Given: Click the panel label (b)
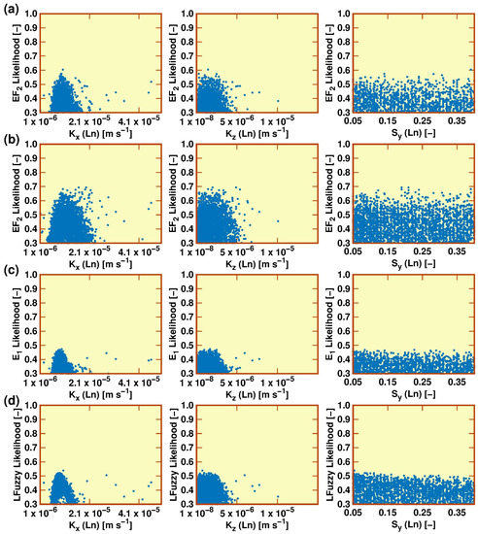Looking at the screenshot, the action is pos(11,140).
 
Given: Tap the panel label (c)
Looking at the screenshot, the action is pos(11,271).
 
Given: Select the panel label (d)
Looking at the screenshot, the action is pos(11,401).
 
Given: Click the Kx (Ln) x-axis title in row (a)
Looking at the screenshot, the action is pos(100,133).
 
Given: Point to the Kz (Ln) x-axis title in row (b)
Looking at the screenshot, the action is pos(257,263).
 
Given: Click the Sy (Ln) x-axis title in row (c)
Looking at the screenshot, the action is pos(413,394).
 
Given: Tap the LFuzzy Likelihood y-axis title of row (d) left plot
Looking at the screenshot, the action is pos(19,455).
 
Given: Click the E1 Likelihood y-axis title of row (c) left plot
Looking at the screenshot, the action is pos(19,325).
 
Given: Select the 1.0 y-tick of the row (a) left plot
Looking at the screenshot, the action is pos(31,14).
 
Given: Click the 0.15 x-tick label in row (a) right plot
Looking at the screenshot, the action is pos(388,121).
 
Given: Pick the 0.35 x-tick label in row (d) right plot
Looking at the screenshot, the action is pos(457,513).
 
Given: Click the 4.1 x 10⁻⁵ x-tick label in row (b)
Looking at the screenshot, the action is pos(139,251).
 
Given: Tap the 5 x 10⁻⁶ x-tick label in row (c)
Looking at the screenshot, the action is pos(237,383).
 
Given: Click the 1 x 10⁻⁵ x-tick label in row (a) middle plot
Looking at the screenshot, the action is pos(277,120).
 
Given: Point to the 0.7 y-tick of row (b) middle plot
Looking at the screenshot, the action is pos(188,186).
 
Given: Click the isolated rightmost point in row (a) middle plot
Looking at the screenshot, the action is pos(278,101).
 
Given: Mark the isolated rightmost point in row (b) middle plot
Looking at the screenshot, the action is pos(278,221).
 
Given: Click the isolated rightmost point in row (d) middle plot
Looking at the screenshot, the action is pos(278,496).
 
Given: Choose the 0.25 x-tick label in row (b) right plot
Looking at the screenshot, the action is pos(422,251).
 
